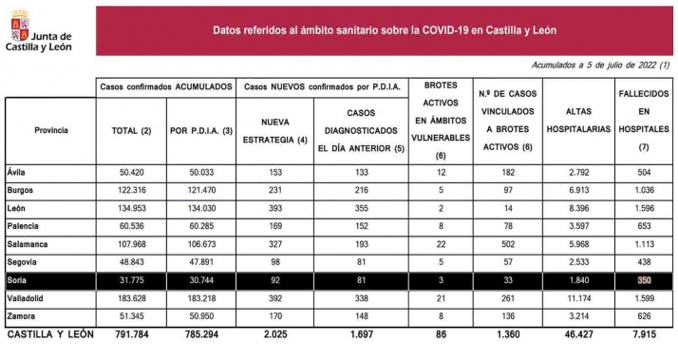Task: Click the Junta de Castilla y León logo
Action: click(x=41, y=29)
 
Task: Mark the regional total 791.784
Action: click(x=129, y=334)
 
